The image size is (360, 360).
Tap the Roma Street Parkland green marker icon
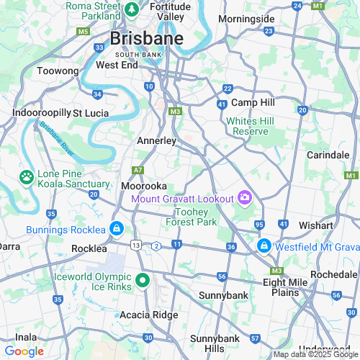click(x=132, y=10)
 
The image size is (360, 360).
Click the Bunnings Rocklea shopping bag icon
click(x=116, y=230)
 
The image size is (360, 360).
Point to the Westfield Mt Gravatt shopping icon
click(x=264, y=245)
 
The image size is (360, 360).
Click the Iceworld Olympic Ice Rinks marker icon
click(x=143, y=282)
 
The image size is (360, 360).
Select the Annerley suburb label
click(x=156, y=141)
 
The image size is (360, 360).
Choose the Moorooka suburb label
click(x=144, y=186)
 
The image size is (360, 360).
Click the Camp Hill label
click(x=253, y=103)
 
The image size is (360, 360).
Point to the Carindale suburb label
click(x=327, y=155)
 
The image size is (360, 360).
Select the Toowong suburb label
click(x=58, y=71)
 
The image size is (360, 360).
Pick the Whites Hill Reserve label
click(x=247, y=126)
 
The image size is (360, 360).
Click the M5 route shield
click(x=84, y=32)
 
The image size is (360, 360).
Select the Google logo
click(x=24, y=351)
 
